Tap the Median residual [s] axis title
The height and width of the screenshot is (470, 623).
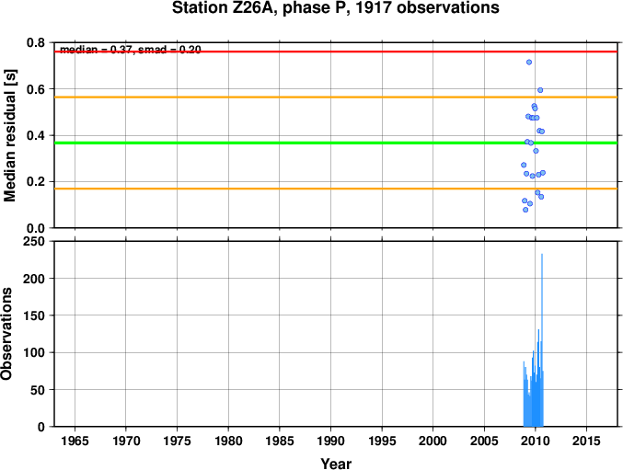[11, 134]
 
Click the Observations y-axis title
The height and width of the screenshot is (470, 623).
[9, 334]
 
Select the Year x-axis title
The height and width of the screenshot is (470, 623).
[335, 464]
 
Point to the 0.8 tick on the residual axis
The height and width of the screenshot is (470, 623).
[37, 43]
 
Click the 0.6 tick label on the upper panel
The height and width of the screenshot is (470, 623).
[37, 89]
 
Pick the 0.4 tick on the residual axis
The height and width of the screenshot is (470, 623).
[37, 135]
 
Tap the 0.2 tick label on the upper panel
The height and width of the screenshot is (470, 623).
[37, 181]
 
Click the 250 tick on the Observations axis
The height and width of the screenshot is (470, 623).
[35, 241]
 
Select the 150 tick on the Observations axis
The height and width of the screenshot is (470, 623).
[35, 315]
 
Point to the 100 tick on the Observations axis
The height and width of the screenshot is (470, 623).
[35, 352]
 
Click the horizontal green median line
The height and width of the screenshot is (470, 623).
[276, 143]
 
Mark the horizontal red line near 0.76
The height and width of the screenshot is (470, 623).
[276, 52]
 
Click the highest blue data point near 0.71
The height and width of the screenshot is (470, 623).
[529, 63]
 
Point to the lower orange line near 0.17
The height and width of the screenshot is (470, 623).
[276, 189]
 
